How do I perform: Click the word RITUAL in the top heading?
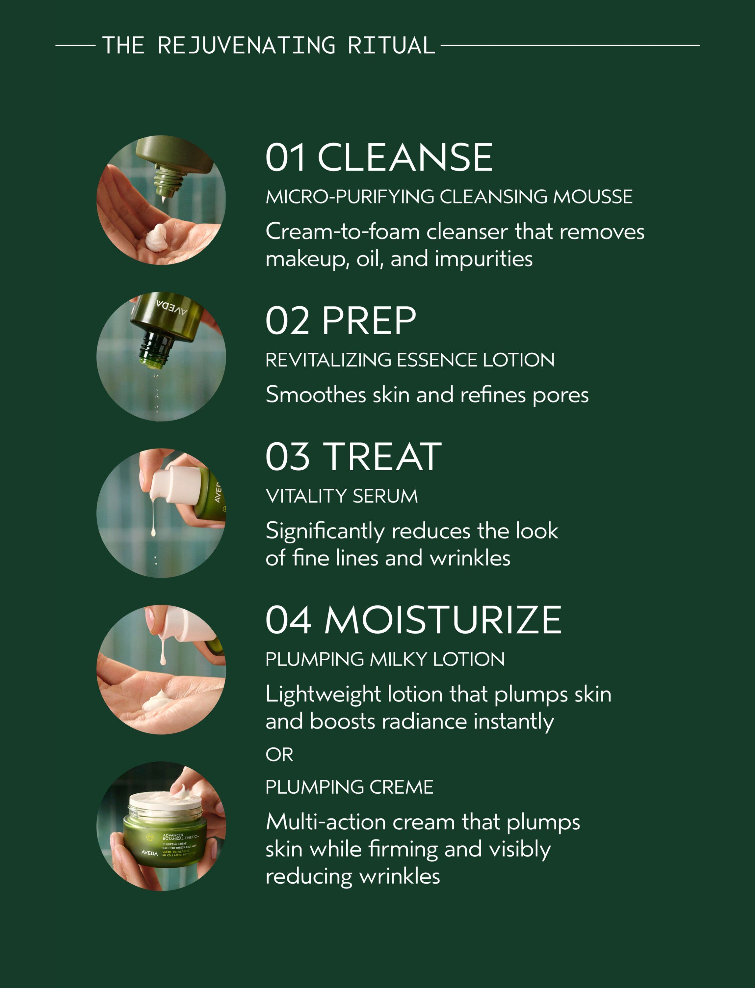[x=391, y=45]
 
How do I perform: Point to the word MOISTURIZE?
[x=443, y=620]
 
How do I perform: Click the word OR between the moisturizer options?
[x=279, y=755]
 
